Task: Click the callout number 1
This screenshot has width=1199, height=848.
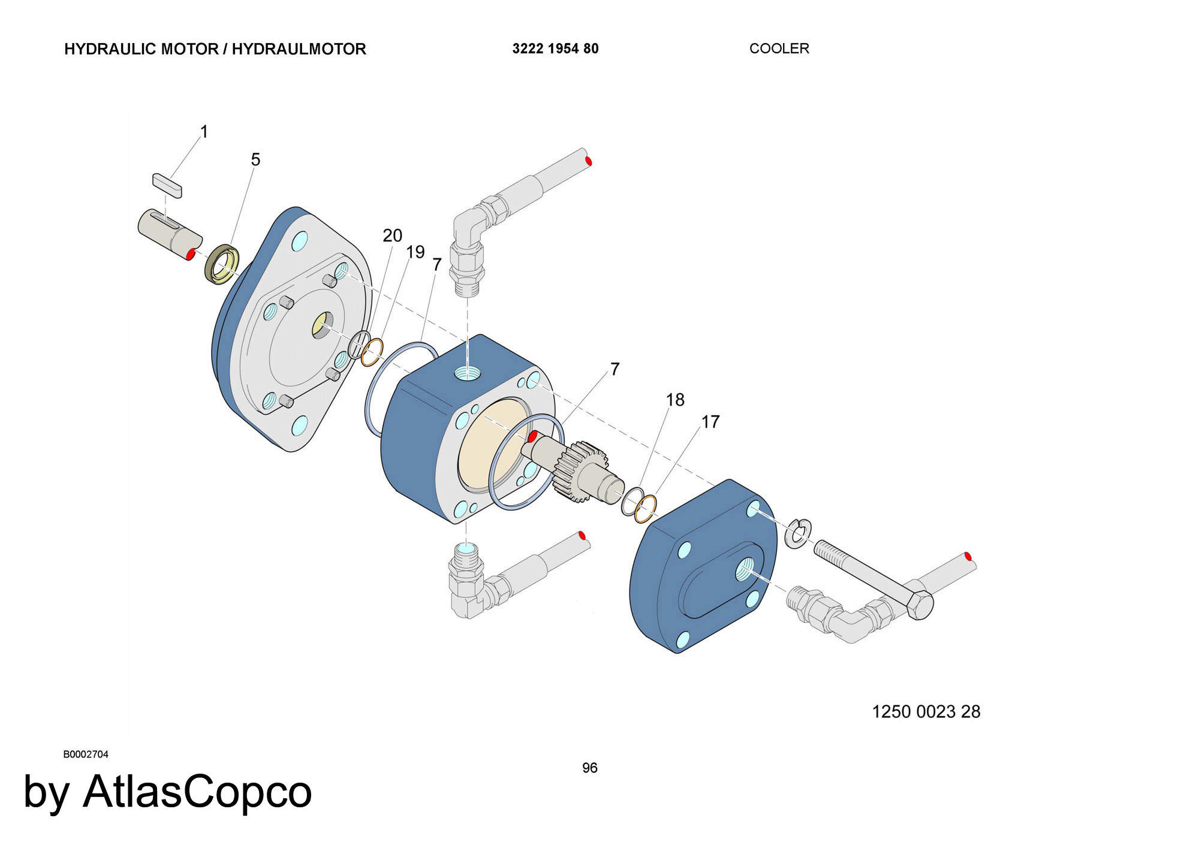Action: [204, 132]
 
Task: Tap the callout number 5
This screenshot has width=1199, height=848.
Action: [255, 159]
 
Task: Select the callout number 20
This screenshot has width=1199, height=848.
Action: [393, 236]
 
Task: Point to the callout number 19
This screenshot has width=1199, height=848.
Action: [415, 252]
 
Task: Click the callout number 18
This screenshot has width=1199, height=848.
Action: [675, 400]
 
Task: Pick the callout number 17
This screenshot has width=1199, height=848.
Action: [710, 422]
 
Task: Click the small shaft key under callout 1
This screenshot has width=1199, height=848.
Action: [167, 185]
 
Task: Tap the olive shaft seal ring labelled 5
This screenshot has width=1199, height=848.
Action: [222, 264]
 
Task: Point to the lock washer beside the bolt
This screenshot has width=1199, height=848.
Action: [799, 533]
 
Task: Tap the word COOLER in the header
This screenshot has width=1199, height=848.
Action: [779, 49]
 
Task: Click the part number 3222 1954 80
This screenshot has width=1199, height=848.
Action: [555, 49]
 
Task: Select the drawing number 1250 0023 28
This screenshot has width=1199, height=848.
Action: [926, 711]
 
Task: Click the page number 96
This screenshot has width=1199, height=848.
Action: [590, 768]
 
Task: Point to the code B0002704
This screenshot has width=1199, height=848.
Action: [86, 755]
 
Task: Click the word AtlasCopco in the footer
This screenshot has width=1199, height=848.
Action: [197, 792]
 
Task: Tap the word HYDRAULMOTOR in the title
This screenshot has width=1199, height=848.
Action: [299, 49]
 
